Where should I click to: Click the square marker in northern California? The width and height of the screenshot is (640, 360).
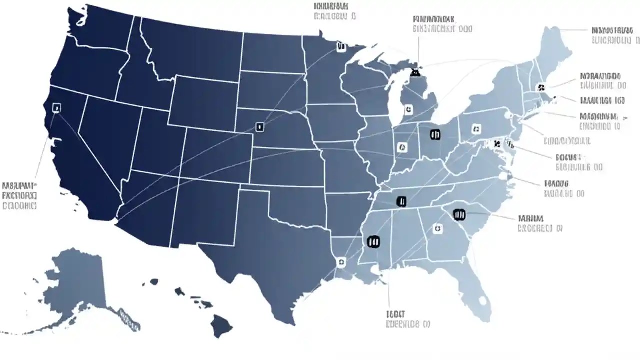point(56,107)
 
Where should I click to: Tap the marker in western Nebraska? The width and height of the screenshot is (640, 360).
point(259,127)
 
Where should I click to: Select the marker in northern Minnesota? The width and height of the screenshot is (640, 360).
point(341,47)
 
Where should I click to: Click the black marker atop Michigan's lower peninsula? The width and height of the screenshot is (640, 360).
point(414,73)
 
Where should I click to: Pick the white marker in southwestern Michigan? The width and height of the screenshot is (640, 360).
point(408,109)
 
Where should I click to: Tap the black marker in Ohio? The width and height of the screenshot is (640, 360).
point(435,134)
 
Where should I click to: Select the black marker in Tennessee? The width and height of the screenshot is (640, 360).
point(401,201)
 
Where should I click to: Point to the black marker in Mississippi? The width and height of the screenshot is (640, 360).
point(373,242)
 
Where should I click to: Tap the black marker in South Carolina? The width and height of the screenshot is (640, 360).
point(459,215)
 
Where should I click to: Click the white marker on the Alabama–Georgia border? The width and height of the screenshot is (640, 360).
point(437,228)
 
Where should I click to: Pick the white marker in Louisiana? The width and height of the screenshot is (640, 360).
point(341,261)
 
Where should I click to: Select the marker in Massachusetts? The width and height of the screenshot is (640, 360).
point(540,88)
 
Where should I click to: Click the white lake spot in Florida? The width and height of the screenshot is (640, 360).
point(482,301)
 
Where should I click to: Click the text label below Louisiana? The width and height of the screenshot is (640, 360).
point(407,319)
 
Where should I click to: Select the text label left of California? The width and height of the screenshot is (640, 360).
point(20,195)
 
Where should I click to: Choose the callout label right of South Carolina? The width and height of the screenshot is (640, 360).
point(540,223)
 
